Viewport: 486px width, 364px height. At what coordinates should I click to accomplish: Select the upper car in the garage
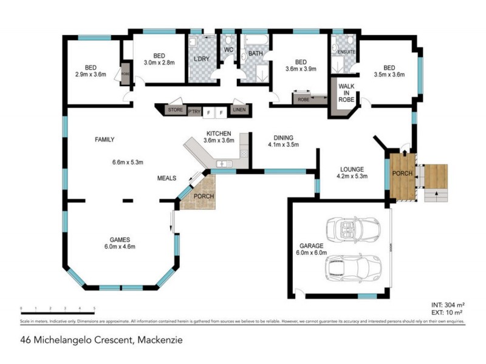pyautogui.click(x=353, y=229)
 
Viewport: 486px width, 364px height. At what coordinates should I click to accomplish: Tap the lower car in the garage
pyautogui.click(x=353, y=266)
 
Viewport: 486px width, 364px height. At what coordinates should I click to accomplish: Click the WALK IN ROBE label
pyautogui.click(x=346, y=94)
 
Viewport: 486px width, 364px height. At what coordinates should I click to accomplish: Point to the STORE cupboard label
pyautogui.click(x=175, y=110)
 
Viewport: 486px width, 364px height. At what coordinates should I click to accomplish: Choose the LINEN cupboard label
pyautogui.click(x=239, y=110)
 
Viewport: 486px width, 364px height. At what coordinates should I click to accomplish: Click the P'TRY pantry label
pyautogui.click(x=194, y=112)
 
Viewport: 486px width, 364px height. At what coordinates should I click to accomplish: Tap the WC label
pyautogui.click(x=229, y=49)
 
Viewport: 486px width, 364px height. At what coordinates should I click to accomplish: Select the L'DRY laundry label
pyautogui.click(x=201, y=58)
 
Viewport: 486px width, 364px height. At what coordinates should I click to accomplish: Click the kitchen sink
pyautogui.click(x=223, y=164)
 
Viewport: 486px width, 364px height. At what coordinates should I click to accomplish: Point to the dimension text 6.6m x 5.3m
pyautogui.click(x=127, y=162)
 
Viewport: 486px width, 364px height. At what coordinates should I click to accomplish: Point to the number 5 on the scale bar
pyautogui.click(x=94, y=308)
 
